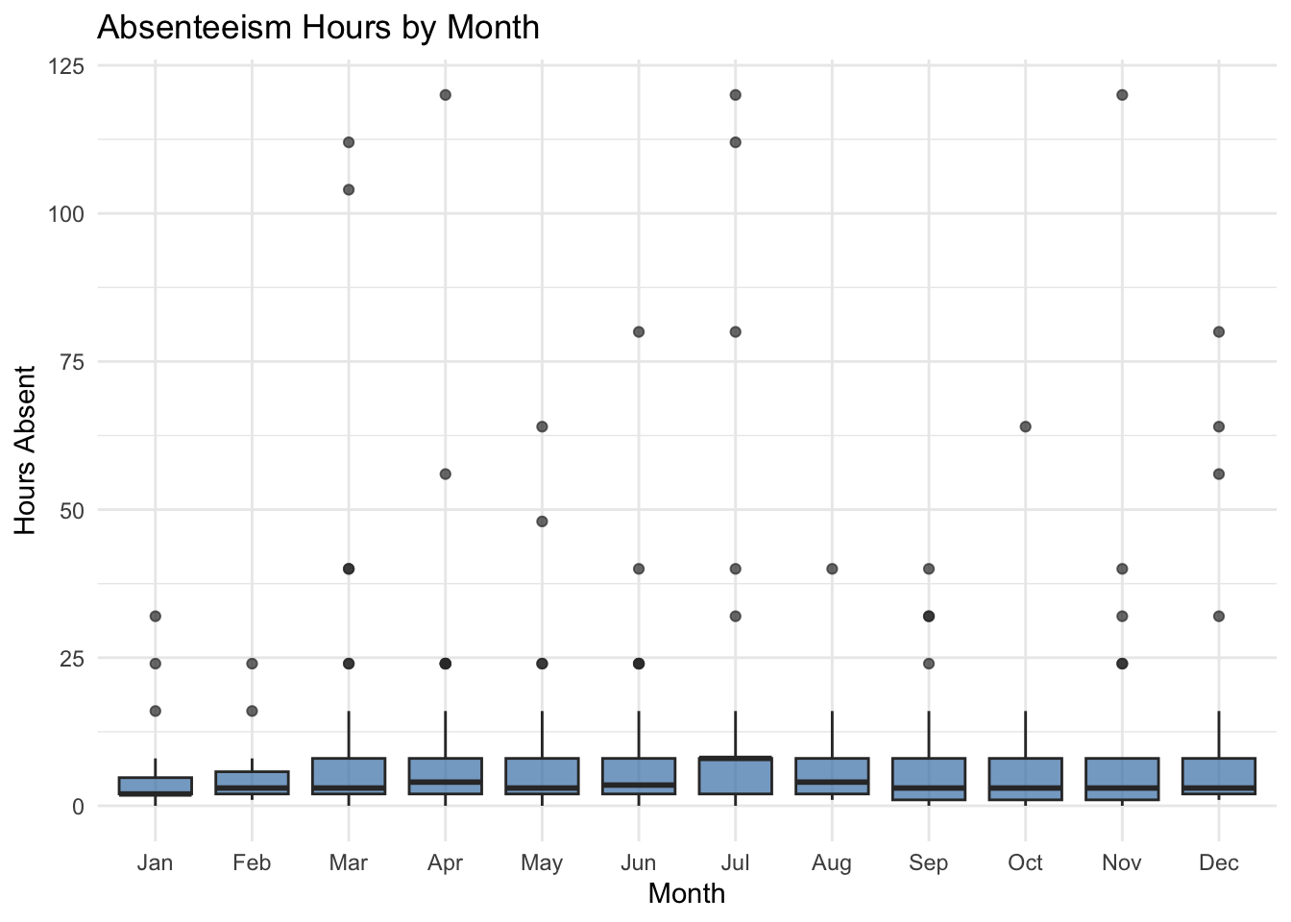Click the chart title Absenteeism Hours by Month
tap(318, 27)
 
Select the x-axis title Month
tap(686, 893)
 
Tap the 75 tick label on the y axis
tap(72, 362)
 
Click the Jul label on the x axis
tap(735, 862)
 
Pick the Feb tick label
tap(252, 862)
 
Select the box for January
tap(156, 786)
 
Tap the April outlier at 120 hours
tap(445, 95)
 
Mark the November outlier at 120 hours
tap(1122, 95)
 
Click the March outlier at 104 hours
tap(349, 189)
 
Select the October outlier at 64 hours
tap(1025, 426)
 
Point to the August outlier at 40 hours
tap(832, 569)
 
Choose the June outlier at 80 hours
tap(639, 331)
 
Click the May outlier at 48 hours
tap(542, 522)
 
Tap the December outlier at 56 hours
tap(1218, 473)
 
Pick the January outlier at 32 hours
tap(156, 616)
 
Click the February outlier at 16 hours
tap(252, 711)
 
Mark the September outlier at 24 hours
tap(929, 663)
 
